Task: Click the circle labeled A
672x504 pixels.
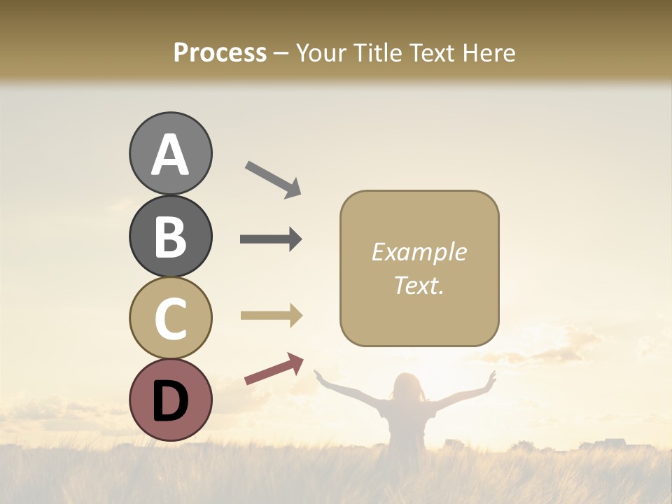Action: coord(170,154)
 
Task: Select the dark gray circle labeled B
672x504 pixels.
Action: coord(170,237)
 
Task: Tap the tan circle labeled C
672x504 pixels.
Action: coord(170,318)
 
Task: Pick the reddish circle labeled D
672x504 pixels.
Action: coord(170,400)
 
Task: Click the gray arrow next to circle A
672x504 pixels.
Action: coord(273,179)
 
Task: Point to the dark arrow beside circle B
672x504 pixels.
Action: coord(271,239)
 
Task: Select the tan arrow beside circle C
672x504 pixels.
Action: coord(271,316)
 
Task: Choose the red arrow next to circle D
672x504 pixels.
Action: coord(274,369)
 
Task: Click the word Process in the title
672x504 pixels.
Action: coord(220,53)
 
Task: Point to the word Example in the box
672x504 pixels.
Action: coord(419,252)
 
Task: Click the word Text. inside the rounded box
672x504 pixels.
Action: coord(419,285)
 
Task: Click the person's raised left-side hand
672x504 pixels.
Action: coord(319,376)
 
